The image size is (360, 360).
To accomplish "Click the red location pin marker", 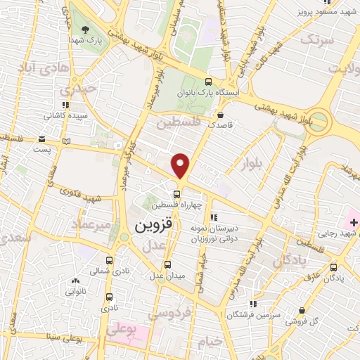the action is tap(181, 165).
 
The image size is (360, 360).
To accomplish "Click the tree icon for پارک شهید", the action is tap(86, 30).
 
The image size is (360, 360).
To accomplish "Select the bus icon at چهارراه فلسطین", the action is tap(177, 195).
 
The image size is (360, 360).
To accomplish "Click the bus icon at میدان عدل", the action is tap(167, 264).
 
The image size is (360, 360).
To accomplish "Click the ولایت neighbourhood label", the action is tap(342, 69).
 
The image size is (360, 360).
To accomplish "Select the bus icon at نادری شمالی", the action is tap(108, 259).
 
